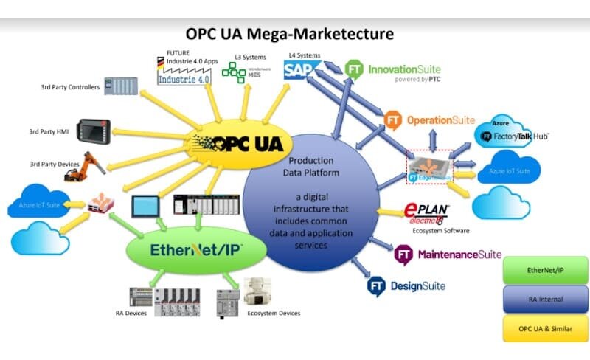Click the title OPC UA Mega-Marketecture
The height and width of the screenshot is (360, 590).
pyautogui.click(x=290, y=34)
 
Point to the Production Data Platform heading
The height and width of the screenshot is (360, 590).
pyautogui.click(x=310, y=166)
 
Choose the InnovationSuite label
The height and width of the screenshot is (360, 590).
pyautogui.click(x=414, y=70)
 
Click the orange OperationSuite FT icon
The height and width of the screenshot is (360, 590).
pyautogui.click(x=395, y=119)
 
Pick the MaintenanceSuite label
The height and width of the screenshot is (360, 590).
pyautogui.click(x=460, y=255)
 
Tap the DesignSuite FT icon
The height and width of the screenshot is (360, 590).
pyautogui.click(x=379, y=285)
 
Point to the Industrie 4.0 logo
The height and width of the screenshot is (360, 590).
pyautogui.click(x=184, y=75)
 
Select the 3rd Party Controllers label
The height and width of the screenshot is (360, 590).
pyautogui.click(x=70, y=87)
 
